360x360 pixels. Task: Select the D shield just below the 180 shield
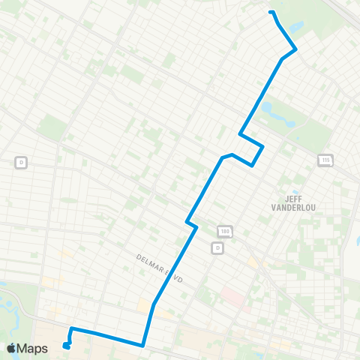coord(217,247)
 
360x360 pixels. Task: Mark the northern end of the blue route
coord(271,12)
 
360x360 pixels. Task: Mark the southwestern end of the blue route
coord(66,346)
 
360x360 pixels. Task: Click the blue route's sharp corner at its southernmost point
coord(142,346)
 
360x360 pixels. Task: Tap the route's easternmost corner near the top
coord(296,49)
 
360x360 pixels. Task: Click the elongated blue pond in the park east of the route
coord(268,111)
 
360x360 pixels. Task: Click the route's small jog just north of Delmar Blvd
coord(191,223)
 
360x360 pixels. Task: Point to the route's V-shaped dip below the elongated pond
coord(254,163)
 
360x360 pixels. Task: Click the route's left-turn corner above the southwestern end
coord(71,328)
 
